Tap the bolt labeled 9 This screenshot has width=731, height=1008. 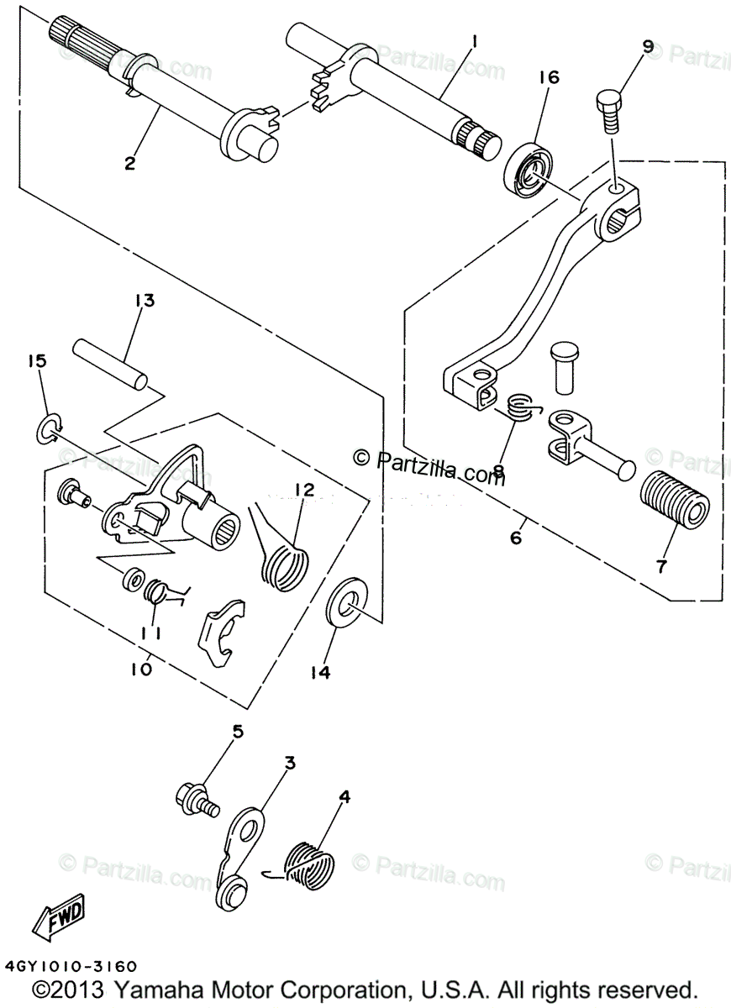tap(612, 107)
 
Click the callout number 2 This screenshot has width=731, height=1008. tap(129, 164)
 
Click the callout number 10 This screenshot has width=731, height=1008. tap(141, 669)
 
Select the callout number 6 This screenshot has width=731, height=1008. tap(515, 538)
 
